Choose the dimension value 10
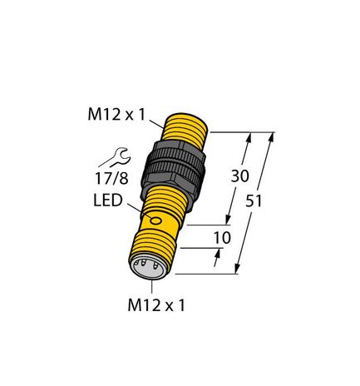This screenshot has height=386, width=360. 223,238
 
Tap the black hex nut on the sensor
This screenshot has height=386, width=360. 178,171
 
